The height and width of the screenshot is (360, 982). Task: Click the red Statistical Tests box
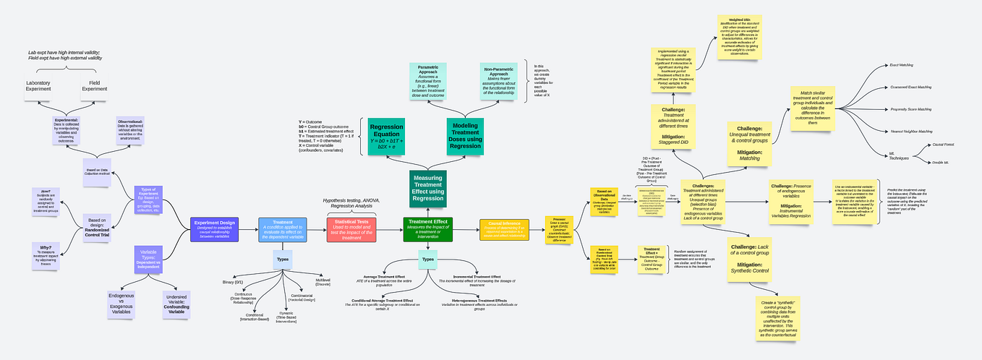pyautogui.click(x=351, y=229)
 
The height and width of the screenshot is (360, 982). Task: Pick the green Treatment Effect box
pyautogui.click(x=427, y=229)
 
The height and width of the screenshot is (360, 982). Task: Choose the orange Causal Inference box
pyautogui.click(x=504, y=229)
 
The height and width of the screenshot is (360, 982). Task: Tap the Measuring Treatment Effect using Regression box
pyautogui.click(x=427, y=189)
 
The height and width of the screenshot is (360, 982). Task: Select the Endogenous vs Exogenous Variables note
pyautogui.click(x=120, y=304)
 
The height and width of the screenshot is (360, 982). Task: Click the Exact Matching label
pyautogui.click(x=900, y=65)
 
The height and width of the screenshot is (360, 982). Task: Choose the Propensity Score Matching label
pyautogui.click(x=910, y=109)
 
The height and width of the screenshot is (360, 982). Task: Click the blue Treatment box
pyautogui.click(x=283, y=229)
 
